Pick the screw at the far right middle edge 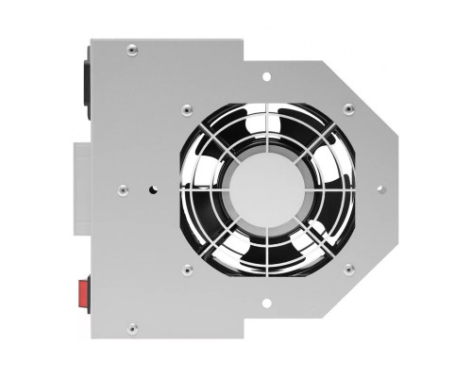380,188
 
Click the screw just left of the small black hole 123,188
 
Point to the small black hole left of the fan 153,188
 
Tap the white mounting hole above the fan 267,74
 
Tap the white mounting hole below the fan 267,303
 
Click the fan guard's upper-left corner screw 188,107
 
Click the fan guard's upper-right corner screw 348,107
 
